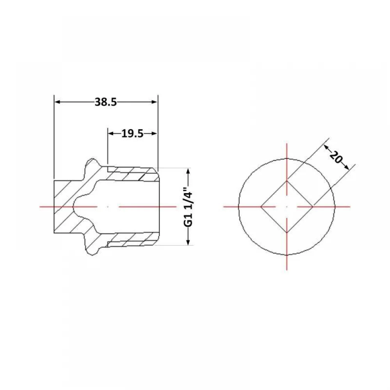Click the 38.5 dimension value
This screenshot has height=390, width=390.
click(x=106, y=102)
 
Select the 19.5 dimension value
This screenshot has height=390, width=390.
click(x=132, y=134)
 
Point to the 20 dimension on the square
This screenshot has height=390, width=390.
click(x=336, y=157)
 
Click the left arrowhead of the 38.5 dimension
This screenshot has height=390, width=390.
click(x=57, y=102)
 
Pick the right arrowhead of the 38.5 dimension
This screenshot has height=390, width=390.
click(x=154, y=102)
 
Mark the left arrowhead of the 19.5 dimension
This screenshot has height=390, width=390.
click(x=111, y=133)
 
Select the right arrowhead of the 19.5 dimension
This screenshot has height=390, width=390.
click(x=154, y=133)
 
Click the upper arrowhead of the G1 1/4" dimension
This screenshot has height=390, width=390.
click(x=188, y=171)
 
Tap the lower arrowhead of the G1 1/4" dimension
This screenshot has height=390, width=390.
click(x=188, y=242)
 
